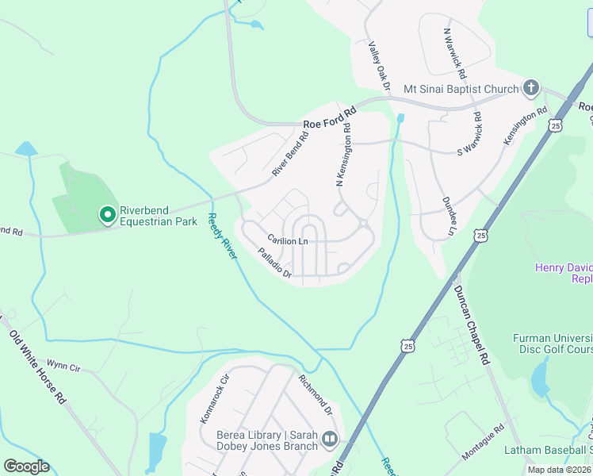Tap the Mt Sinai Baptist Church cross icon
(531, 88)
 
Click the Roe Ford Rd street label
(330, 121)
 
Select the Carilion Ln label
(287, 240)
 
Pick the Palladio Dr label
(275, 265)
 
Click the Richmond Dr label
(315, 394)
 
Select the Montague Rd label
(483, 441)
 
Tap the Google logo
(26, 466)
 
